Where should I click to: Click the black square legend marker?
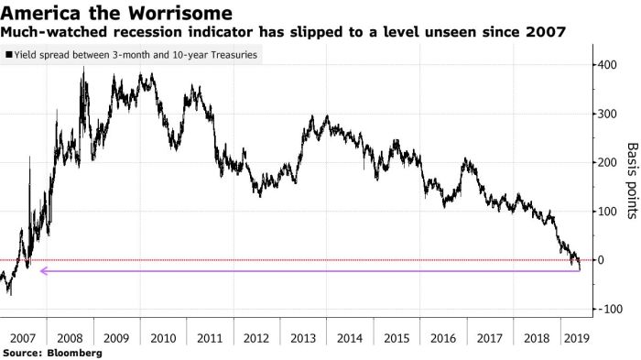tap(9, 55)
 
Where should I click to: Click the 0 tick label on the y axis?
tap(601, 260)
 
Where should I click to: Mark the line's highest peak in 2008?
tap(84, 68)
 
